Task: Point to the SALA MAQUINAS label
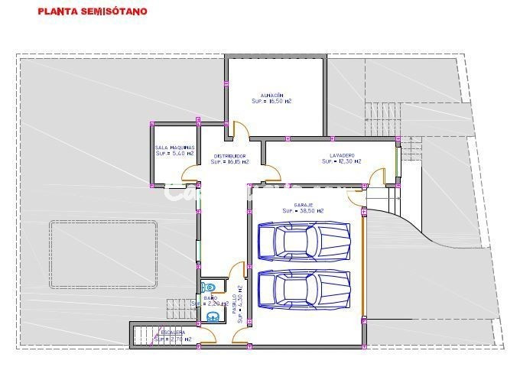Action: pos(175,148)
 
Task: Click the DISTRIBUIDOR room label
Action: pos(229,156)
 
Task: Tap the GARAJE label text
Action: pos(304,205)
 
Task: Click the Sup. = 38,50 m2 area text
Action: pos(303,211)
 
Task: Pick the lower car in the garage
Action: pos(304,290)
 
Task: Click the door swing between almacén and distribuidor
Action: pos(239,131)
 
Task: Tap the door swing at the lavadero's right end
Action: pos(376,179)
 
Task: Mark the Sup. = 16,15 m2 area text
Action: pos(229,162)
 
